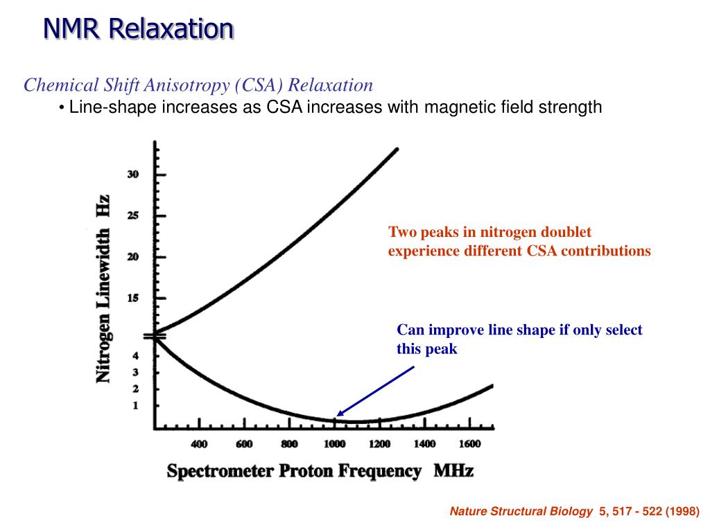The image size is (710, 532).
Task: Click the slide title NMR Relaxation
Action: (138, 28)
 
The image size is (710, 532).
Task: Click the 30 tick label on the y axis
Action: (132, 175)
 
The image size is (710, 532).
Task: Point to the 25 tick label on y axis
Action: (132, 215)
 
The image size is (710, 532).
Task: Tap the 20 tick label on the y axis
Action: (132, 256)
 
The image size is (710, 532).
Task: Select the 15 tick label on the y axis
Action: (132, 298)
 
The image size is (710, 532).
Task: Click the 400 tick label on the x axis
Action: (199, 444)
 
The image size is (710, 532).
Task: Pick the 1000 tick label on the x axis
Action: (334, 444)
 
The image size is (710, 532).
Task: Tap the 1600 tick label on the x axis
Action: (469, 444)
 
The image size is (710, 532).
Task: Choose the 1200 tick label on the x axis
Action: (379, 444)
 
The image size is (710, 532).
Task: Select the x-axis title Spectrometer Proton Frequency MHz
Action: (320, 472)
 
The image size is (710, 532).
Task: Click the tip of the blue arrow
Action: (337, 416)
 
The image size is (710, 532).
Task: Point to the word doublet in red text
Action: (566, 232)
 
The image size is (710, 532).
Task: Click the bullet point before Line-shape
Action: (62, 107)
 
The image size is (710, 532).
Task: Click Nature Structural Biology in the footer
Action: (521, 513)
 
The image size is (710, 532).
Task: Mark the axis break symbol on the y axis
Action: (153, 337)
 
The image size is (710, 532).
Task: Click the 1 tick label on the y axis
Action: (136, 405)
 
